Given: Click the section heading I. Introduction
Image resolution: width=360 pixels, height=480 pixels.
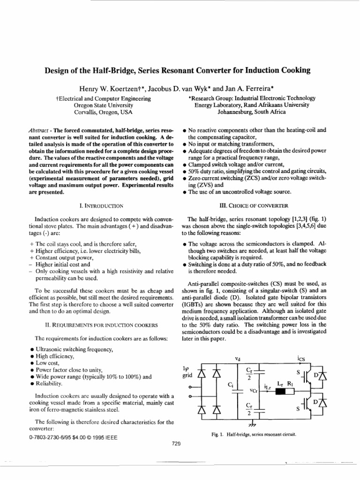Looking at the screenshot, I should pos(100,205).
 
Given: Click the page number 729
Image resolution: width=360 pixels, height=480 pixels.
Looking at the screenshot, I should pos(176,444).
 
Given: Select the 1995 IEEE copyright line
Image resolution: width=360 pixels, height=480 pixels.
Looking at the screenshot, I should pos(72,437).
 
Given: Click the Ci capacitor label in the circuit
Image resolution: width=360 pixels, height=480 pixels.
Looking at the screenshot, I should pos(230,384).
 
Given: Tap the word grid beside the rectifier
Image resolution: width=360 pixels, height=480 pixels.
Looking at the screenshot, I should pos(187,375).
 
